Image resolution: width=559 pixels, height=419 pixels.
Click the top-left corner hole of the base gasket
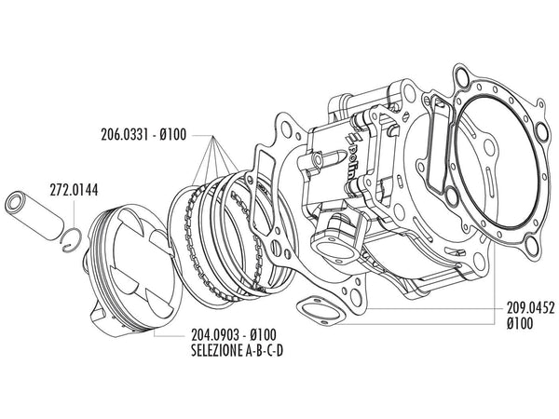(x=281, y=121)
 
